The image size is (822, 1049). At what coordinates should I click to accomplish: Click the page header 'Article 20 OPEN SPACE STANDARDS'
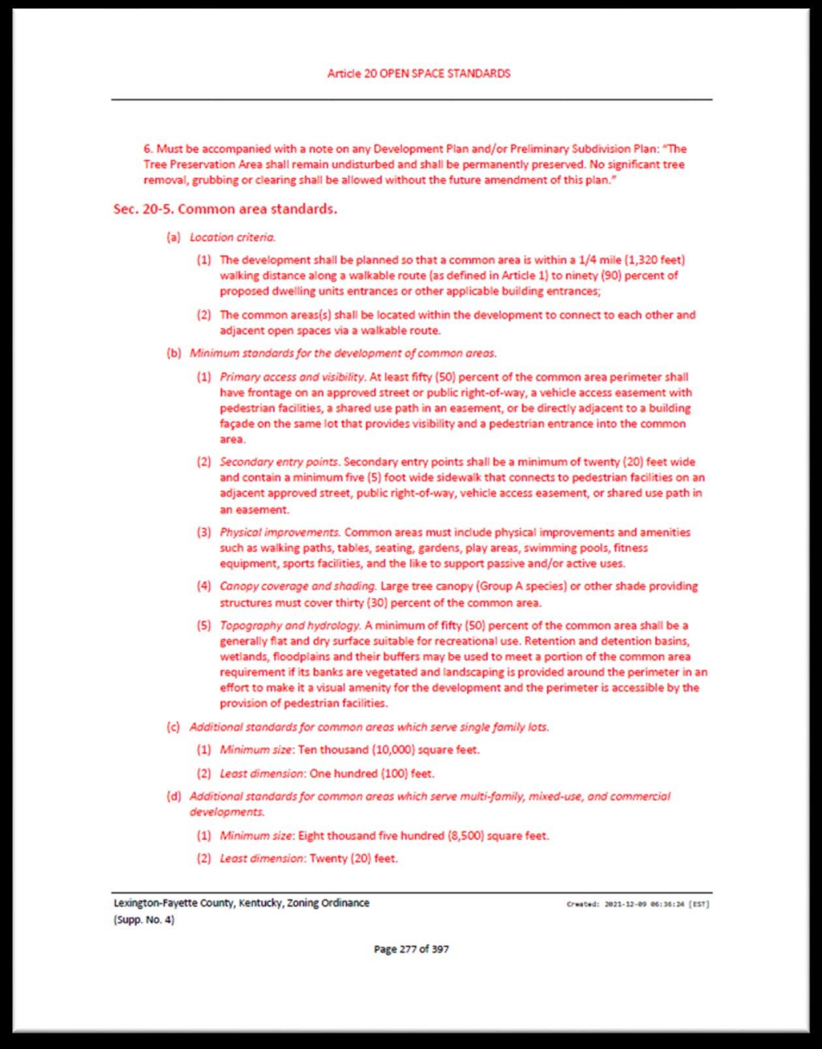418,74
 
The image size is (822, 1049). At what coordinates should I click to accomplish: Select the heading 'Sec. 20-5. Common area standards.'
225,210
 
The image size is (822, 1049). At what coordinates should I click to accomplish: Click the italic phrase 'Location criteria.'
232,238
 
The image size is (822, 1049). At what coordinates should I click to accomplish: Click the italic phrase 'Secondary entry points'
279,462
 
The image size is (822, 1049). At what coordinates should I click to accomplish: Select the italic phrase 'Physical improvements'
280,533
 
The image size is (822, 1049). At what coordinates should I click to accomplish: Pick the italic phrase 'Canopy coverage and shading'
297,586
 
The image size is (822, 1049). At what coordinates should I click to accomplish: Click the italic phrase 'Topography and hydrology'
290,625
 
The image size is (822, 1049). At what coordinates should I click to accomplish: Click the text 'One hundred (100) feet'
371,774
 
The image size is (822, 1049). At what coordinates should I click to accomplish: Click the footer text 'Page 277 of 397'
411,949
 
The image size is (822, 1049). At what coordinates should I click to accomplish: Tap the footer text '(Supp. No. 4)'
144,920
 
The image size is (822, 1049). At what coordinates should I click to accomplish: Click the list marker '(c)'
174,727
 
